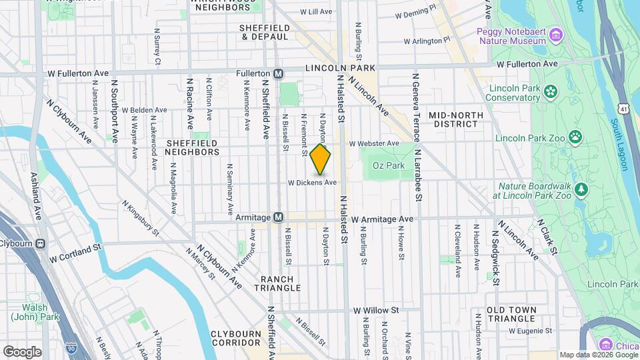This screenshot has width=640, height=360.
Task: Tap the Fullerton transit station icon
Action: (279, 73)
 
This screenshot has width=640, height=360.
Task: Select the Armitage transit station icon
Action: (279, 218)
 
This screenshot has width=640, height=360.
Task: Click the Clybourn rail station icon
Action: (41, 244)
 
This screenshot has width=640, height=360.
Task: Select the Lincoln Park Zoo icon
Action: (575, 138)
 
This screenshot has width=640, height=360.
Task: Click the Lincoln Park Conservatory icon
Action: (551, 91)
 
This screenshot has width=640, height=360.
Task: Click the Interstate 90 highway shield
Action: (71, 347)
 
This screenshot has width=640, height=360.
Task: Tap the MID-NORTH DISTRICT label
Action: (456, 119)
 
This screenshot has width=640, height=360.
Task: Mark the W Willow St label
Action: (376, 310)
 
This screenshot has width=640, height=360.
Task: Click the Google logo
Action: (22, 351)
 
